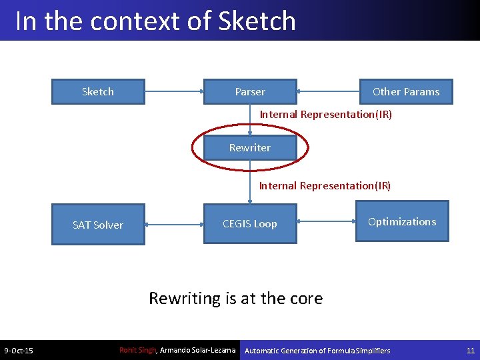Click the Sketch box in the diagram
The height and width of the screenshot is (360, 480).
(x=98, y=92)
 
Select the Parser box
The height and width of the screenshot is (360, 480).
(x=250, y=92)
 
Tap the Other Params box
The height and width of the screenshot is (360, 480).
(x=406, y=92)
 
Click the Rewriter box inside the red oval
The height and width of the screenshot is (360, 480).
(x=250, y=147)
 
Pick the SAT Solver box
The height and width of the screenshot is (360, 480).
(x=98, y=225)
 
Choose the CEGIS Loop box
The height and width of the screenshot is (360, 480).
(x=250, y=224)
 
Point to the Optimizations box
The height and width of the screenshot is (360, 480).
(x=402, y=222)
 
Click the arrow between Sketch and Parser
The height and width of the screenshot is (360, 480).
(x=174, y=92)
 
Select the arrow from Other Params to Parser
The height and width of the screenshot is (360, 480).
(x=327, y=92)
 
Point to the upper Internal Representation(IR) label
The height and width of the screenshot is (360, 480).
(x=326, y=115)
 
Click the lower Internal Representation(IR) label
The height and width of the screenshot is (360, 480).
(x=325, y=186)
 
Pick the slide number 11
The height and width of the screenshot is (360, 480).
(x=470, y=351)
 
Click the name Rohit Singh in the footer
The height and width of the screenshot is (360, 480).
(x=137, y=350)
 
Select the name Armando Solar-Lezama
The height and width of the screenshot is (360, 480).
(x=199, y=350)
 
